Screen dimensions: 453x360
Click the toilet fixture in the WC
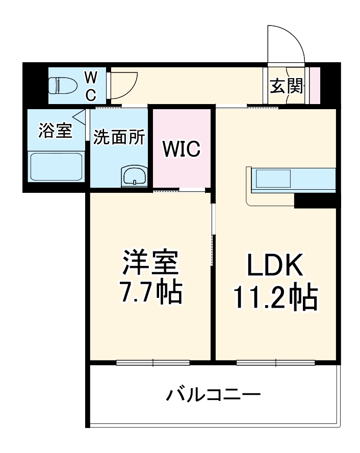coord(61,85)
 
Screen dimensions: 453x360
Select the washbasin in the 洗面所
coord(134,176)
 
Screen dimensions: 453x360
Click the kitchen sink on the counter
coord(273,179)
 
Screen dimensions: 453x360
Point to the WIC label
coord(182,149)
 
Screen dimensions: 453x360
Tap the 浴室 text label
coord(55,130)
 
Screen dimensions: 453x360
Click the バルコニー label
coord(214,394)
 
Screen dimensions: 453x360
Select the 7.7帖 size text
coord(149,291)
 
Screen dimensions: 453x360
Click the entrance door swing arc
coord(287,41)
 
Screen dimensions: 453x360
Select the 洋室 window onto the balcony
coord(152,363)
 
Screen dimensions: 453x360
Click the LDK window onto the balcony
coord(275,363)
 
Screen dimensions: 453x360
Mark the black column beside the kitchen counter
coord(316,200)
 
